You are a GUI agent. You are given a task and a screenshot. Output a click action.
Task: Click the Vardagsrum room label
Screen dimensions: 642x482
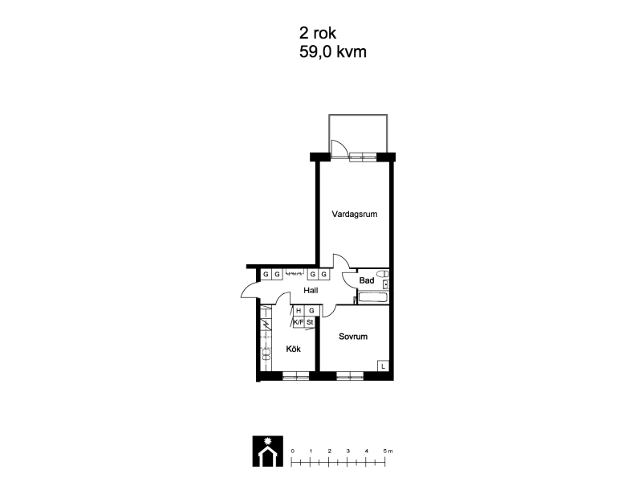355,214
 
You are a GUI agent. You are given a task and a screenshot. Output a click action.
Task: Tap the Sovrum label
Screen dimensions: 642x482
353,337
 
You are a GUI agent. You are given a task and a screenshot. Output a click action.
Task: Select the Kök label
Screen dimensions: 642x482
293,349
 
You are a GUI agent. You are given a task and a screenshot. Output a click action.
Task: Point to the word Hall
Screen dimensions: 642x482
311,290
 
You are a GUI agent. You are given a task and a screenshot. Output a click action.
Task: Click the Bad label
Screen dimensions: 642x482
367,280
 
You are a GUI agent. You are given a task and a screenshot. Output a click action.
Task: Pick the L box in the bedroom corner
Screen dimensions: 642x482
383,366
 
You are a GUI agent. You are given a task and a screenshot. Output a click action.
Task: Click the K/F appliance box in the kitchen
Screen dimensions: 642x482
299,322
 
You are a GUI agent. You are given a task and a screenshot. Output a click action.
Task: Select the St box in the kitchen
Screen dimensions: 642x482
310,322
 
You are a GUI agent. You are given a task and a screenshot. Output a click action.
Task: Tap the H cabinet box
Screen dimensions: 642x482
299,311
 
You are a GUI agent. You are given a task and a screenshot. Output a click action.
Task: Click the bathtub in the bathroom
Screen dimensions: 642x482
373,297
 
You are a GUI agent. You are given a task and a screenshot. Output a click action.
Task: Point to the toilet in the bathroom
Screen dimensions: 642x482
383,273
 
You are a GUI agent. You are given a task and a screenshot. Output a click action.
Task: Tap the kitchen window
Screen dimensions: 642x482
295,376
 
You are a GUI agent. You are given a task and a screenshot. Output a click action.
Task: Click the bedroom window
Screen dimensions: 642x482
350,376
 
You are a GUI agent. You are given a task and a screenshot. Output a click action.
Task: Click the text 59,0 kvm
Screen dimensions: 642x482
333,52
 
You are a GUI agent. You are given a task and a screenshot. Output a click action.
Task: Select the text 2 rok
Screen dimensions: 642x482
318,33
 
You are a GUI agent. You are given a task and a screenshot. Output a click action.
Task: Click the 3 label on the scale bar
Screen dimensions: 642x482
348,451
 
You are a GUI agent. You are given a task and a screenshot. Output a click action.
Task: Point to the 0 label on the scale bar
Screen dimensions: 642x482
292,451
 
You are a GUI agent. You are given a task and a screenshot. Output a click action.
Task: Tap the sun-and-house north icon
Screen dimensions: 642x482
268,451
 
